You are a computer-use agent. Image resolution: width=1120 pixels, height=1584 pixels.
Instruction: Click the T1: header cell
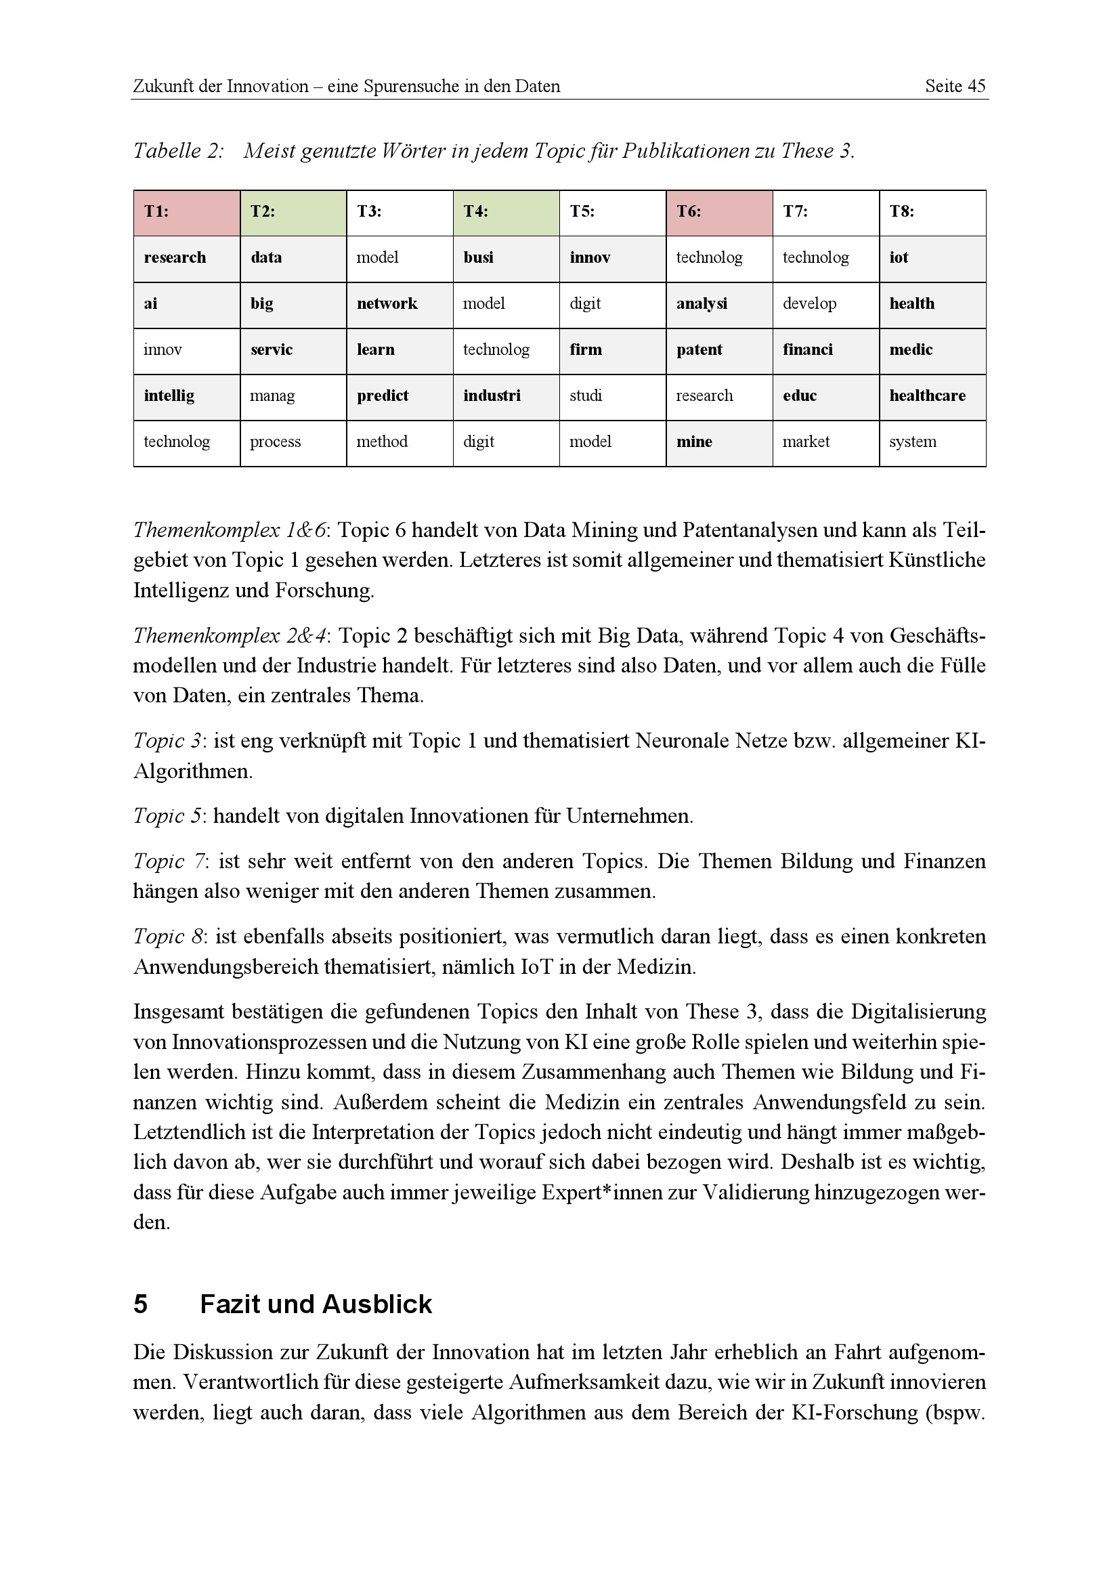pyautogui.click(x=186, y=213)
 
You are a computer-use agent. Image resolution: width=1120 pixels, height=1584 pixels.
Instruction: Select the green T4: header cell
pyautogui.click(x=506, y=213)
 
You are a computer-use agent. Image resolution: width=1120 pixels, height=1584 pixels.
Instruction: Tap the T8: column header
pyautogui.click(x=932, y=213)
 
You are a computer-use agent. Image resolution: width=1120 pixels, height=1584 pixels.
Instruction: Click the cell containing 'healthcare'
pyautogui.click(x=932, y=397)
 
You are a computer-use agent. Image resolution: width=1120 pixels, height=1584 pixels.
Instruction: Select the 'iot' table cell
pyautogui.click(x=932, y=259)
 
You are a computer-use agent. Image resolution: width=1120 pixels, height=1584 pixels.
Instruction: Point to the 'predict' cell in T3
pyautogui.click(x=400, y=397)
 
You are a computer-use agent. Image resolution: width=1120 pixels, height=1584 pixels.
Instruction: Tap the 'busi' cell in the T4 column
pyautogui.click(x=506, y=259)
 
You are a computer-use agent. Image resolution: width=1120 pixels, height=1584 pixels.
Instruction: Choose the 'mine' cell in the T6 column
pyautogui.click(x=718, y=443)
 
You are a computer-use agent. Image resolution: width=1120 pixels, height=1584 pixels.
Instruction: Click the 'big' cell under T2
pyautogui.click(x=293, y=304)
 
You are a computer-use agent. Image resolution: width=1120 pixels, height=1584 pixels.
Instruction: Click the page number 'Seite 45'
pyautogui.click(x=955, y=86)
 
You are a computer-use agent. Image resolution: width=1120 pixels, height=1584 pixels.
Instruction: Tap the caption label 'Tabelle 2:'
pyautogui.click(x=178, y=150)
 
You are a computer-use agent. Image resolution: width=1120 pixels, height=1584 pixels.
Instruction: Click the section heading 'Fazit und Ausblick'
pyautogui.click(x=315, y=1304)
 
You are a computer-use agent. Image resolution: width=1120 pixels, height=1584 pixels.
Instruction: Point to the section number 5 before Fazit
pyautogui.click(x=140, y=1304)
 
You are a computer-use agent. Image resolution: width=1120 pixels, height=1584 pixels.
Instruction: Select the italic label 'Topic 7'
pyautogui.click(x=169, y=861)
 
